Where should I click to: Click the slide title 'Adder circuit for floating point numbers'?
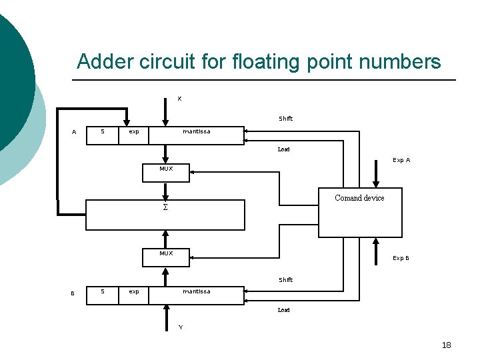pos(259,62)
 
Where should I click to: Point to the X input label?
pos(179,99)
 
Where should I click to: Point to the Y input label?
pos(179,327)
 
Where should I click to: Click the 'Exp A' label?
pos(401,160)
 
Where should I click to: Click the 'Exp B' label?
pos(401,258)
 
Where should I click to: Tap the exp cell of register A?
pos(134,132)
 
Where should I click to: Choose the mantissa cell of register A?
pos(196,132)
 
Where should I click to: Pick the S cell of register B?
pos(102,291)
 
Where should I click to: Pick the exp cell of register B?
pos(134,291)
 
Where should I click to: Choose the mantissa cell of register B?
pos(196,291)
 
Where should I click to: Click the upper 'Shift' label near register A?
pos(285,119)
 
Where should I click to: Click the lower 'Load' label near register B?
pos(283,310)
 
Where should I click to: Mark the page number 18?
pos(446,345)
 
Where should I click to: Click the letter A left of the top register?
pos(74,133)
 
